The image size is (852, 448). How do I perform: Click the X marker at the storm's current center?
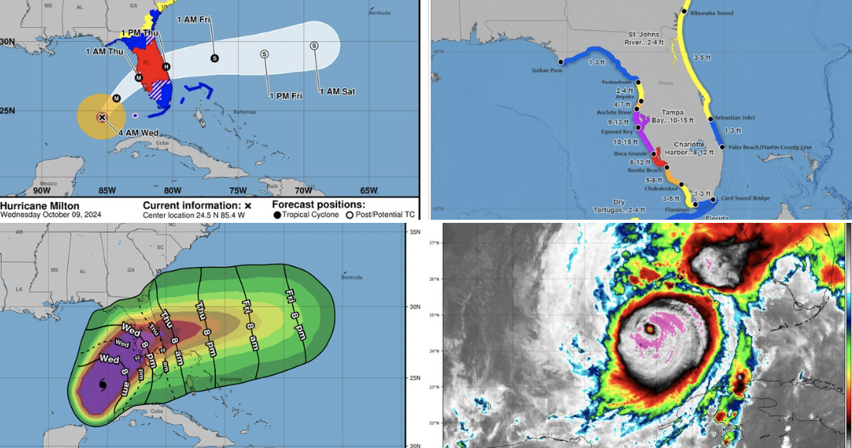click(x=101, y=118)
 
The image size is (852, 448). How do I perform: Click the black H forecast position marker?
click(x=166, y=67)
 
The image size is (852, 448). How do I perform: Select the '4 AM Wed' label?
click(x=138, y=132)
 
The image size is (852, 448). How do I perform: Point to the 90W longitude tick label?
click(x=42, y=191)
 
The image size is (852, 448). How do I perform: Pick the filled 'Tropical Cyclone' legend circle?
click(x=277, y=214)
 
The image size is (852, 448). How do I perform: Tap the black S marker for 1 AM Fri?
click(x=214, y=58)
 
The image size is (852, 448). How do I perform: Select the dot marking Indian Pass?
click(x=559, y=61)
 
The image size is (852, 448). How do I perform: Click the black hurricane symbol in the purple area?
click(x=102, y=384)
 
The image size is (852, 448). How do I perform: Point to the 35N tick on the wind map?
click(x=414, y=231)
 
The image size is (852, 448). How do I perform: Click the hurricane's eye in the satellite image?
click(x=649, y=329)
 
